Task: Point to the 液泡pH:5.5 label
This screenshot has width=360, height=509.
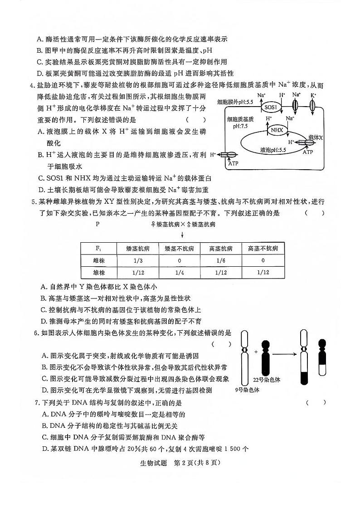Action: click(x=270, y=149)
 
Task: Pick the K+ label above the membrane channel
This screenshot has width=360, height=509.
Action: click(x=313, y=95)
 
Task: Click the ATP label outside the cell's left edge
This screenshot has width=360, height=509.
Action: click(x=233, y=162)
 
